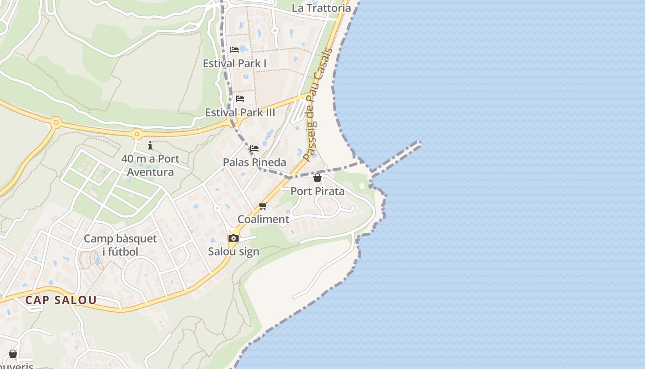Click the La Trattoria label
tap(321, 8)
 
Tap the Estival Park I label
tap(235, 63)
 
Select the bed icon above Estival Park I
tap(235, 50)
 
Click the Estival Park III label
tap(240, 112)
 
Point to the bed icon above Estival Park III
tap(240, 99)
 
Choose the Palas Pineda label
tap(254, 162)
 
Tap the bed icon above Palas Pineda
tap(254, 149)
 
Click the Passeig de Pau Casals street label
tap(318, 104)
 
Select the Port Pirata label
tap(317, 191)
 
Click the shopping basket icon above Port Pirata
tap(317, 178)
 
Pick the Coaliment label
tap(263, 219)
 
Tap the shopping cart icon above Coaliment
tap(263, 206)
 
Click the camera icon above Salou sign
tap(234, 238)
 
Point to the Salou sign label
tap(234, 251)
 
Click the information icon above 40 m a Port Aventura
tap(150, 146)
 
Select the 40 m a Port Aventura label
tap(150, 165)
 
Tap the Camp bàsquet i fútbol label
tap(120, 245)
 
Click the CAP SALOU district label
tap(61, 300)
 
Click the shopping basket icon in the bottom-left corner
tap(13, 354)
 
